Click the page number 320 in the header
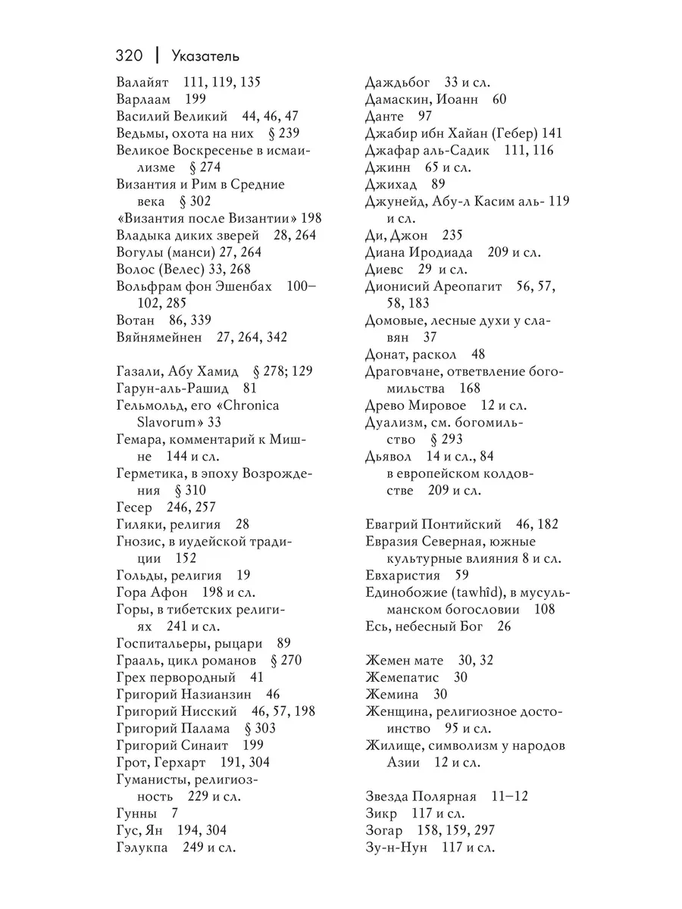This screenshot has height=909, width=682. tap(130, 55)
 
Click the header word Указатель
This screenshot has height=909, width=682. tap(205, 55)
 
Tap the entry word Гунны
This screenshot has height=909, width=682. tap(136, 813)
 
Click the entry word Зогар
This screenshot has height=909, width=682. tap(384, 830)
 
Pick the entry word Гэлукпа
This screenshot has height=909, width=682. tap(142, 847)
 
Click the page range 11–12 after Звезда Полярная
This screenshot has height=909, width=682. tap(510, 796)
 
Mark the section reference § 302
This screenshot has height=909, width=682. tap(195, 201)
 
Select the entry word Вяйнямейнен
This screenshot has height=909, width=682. tap(160, 337)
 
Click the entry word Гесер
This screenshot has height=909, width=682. tap(135, 507)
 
